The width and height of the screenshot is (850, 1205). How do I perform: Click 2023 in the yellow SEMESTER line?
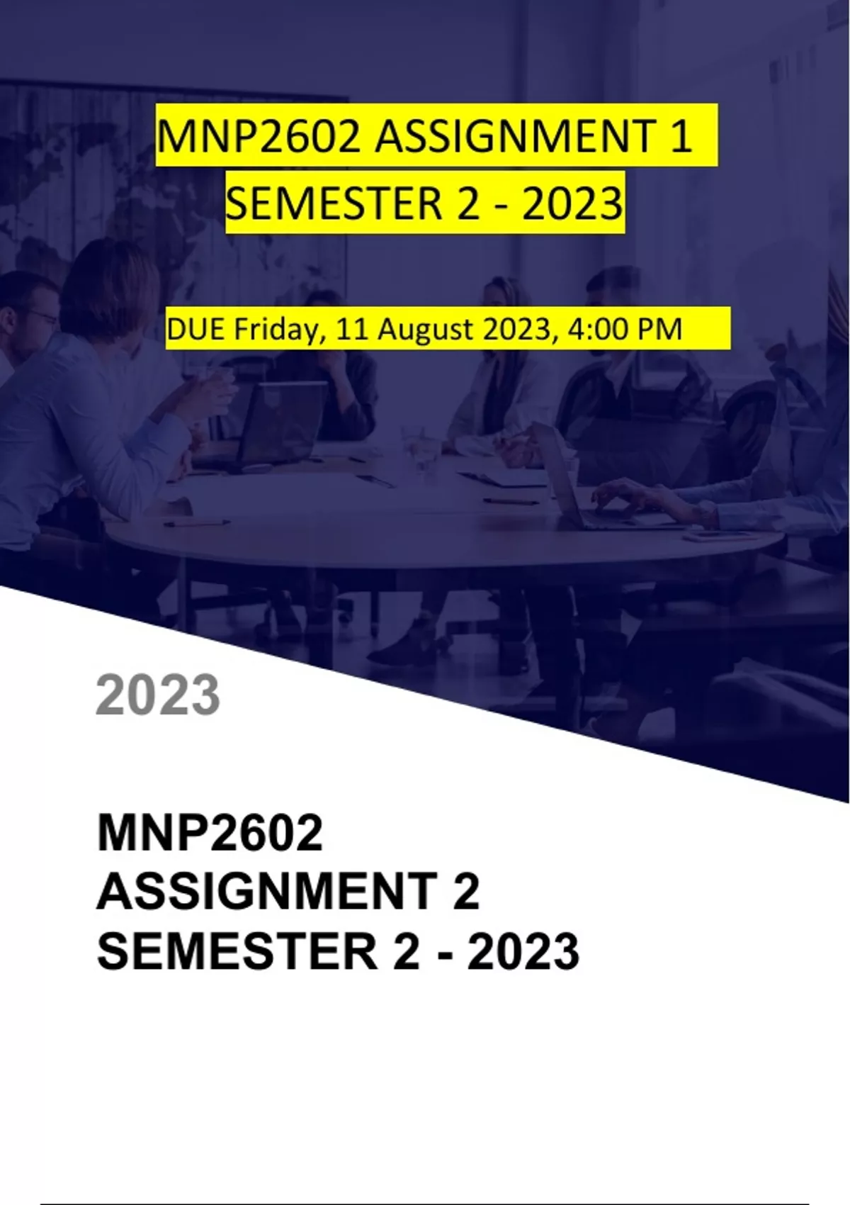tap(572, 204)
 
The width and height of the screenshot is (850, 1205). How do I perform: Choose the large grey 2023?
tap(158, 695)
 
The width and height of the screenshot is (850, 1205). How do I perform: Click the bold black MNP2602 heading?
tap(210, 832)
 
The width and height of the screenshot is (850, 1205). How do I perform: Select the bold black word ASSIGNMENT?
tap(267, 892)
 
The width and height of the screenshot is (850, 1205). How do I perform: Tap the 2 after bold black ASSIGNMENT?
tap(465, 892)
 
